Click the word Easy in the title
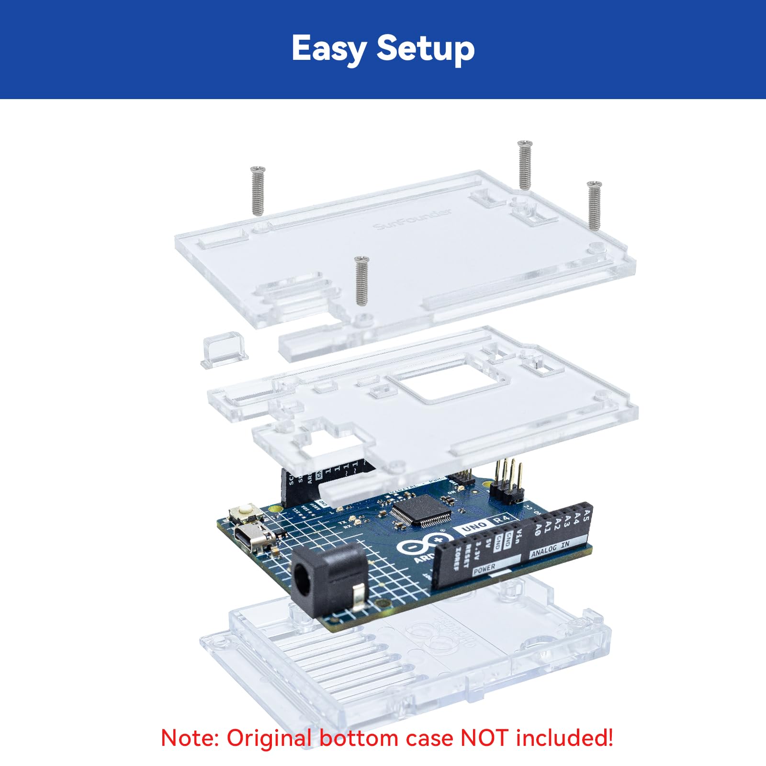coord(329,49)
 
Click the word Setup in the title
coord(426,49)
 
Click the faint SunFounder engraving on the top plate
coord(412,219)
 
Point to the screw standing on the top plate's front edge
coord(361,281)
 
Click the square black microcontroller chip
coord(421,511)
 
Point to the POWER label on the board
coord(484,569)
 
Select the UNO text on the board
coord(473,527)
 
